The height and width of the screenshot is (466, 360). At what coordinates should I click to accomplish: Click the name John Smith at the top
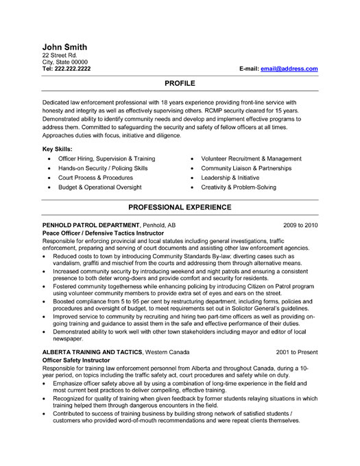pos(64,46)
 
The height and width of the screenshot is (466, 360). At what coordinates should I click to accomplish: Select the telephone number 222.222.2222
pos(73,69)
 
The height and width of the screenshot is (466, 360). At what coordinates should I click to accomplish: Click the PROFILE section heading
pos(180,82)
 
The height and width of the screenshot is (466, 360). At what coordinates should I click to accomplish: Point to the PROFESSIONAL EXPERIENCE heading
pos(180,207)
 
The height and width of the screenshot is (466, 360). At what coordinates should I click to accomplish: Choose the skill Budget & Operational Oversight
pos(100,187)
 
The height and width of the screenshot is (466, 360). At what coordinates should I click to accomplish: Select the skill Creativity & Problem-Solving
pos(239,187)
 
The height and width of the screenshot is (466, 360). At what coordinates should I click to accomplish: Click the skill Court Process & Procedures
pos(96,177)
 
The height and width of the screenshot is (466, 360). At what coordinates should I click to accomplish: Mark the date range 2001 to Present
pos(297,351)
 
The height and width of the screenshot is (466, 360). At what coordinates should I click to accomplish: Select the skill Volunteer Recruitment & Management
pos(251,158)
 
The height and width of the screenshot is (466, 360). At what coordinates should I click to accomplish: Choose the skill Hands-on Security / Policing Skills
pos(103,167)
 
